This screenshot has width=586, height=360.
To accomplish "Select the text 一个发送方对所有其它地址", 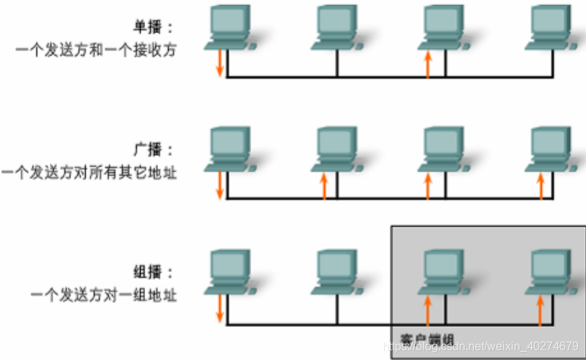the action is [x=89, y=172].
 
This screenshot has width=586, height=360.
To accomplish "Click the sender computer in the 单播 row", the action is [x=229, y=27].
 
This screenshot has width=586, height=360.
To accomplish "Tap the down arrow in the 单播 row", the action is [x=220, y=63].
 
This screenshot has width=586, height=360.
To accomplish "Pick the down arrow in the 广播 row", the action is [x=220, y=185].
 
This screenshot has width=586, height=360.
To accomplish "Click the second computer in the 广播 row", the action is [x=336, y=149].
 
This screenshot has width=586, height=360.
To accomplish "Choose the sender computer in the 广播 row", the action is [x=229, y=149].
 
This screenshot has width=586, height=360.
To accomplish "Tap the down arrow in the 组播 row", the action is [x=220, y=307].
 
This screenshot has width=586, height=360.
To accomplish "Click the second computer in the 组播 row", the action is [x=336, y=271].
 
